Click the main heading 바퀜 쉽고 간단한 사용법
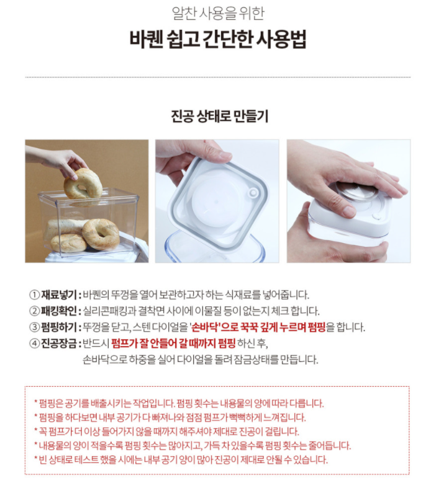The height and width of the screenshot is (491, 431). point(218,40)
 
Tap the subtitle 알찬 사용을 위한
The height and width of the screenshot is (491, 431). point(218,13)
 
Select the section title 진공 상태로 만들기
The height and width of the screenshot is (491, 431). point(219,116)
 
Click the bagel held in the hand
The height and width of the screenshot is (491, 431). point(83,184)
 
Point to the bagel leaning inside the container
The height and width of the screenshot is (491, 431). point(101,234)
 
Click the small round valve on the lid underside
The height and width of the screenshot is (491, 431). point(253,193)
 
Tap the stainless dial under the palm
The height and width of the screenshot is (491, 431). point(355,190)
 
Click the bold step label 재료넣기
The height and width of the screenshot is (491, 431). point(59,294)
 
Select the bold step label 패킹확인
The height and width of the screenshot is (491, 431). point(59,311)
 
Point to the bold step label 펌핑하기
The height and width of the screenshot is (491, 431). point(59,327)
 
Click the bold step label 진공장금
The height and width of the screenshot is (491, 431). point(59,343)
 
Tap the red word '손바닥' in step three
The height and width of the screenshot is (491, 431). point(205,327)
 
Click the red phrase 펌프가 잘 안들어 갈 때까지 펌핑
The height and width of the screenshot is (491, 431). point(173,343)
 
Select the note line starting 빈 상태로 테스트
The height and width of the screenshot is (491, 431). point(181,460)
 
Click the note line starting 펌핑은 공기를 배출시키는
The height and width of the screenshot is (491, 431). point(179,404)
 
